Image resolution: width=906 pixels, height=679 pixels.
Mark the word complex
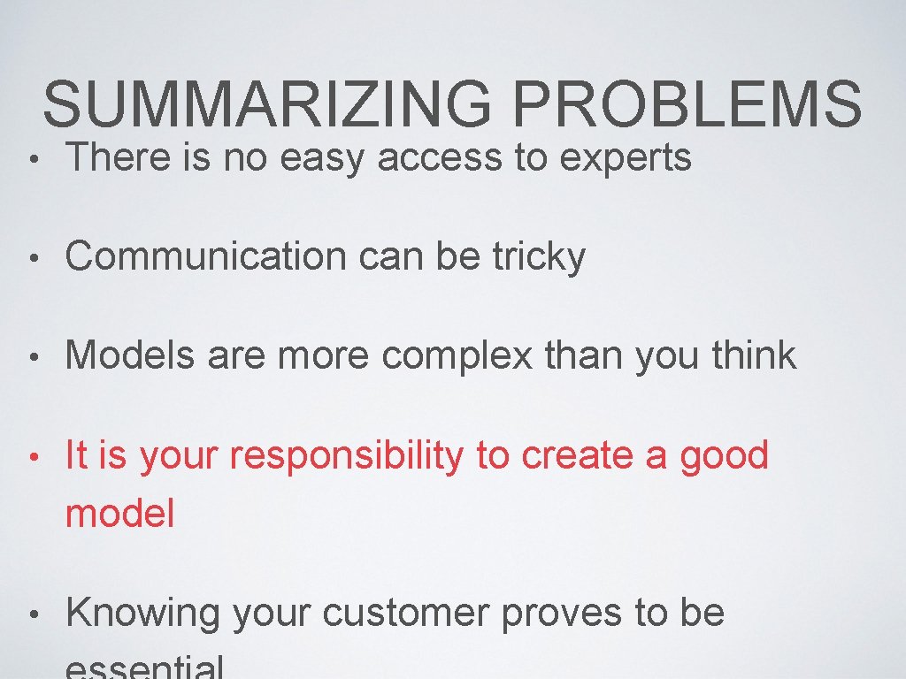point(457,356)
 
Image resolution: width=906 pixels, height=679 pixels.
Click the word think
point(753,355)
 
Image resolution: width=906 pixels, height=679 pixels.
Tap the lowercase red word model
point(120,514)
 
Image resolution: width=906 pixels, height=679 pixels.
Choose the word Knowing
point(142,614)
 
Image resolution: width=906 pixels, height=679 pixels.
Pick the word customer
point(404,614)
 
